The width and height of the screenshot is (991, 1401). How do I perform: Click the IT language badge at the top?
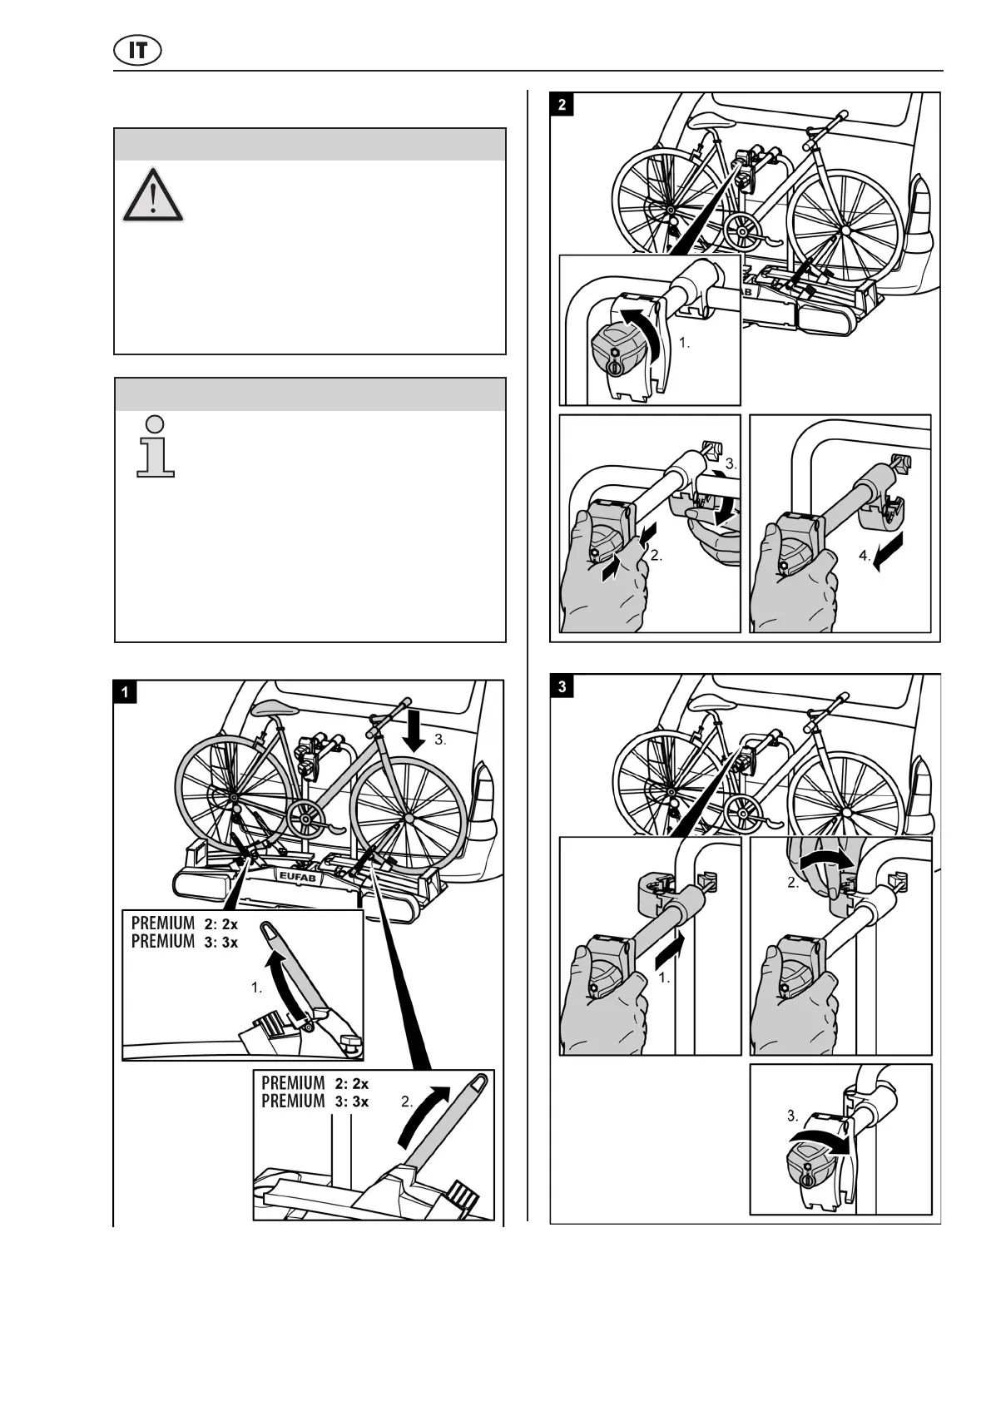pos(137,51)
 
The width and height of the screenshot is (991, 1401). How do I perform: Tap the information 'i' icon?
pos(156,447)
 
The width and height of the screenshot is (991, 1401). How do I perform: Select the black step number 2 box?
pos(563,105)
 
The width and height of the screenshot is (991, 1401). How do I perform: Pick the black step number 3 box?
pos(563,687)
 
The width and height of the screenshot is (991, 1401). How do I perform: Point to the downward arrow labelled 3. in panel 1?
pos(414,733)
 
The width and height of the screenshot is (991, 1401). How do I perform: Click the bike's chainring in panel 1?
pos(305,820)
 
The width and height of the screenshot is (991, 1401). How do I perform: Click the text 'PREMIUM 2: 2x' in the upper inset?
pos(185,923)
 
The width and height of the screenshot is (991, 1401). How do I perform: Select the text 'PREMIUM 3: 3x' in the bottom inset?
pos(315,1101)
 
